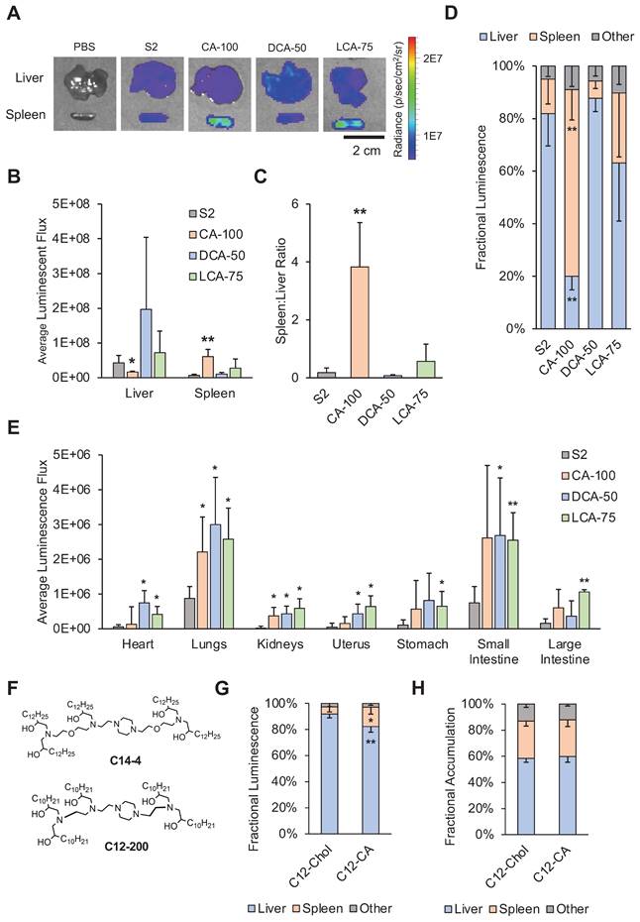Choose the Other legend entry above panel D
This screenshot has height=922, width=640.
click(x=595, y=39)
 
